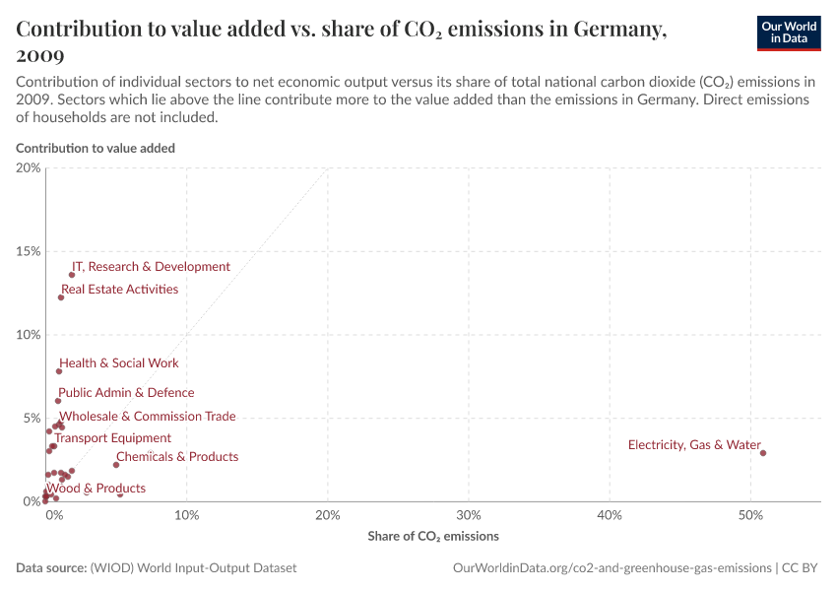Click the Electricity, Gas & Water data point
pyautogui.click(x=763, y=453)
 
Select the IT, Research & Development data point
pyautogui.click(x=72, y=275)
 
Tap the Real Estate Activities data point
pyautogui.click(x=61, y=297)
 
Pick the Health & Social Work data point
pyautogui.click(x=59, y=371)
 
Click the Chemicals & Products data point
pyautogui.click(x=116, y=465)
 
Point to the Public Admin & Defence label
pyautogui.click(x=126, y=393)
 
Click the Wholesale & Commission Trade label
pyautogui.click(x=148, y=417)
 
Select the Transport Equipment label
pyautogui.click(x=112, y=438)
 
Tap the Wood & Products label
pyautogui.click(x=96, y=489)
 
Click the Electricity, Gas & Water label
pyautogui.click(x=694, y=445)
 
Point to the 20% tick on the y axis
pyautogui.click(x=29, y=167)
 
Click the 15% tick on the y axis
pyautogui.click(x=29, y=251)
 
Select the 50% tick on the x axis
pyautogui.click(x=750, y=515)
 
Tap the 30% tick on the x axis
pyautogui.click(x=469, y=515)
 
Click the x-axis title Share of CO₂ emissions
pyautogui.click(x=433, y=537)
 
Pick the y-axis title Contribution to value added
pyautogui.click(x=96, y=148)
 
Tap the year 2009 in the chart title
pyautogui.click(x=40, y=56)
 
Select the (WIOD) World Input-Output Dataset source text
pyautogui.click(x=193, y=568)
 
